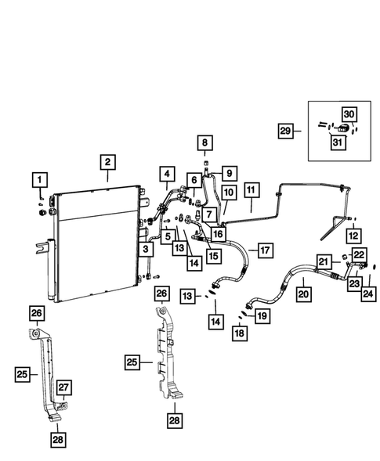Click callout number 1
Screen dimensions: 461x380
point(37,182)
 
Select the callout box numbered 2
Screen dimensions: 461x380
point(108,163)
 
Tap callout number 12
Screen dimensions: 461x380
point(353,233)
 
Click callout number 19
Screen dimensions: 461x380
point(261,316)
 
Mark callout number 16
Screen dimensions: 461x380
point(217,232)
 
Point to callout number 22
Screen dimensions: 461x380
point(358,254)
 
